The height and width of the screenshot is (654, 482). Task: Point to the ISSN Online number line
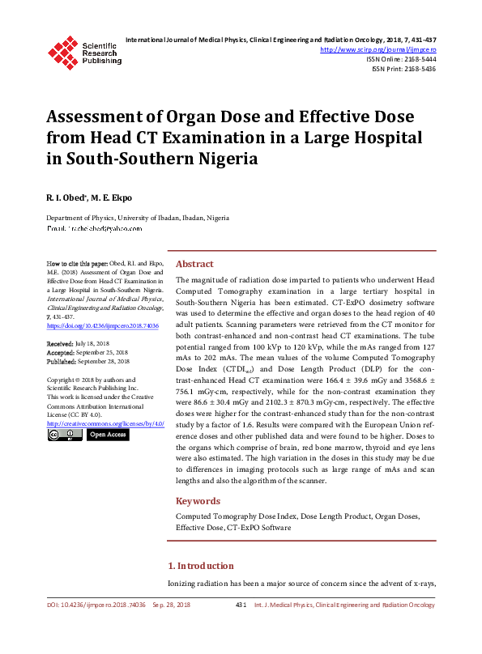click(400, 59)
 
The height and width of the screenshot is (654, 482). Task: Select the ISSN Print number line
click(403, 69)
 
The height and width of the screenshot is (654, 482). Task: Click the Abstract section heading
click(194, 265)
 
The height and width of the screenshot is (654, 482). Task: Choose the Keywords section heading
click(198, 501)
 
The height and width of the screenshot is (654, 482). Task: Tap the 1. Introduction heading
click(200, 566)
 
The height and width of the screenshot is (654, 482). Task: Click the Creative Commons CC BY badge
click(64, 435)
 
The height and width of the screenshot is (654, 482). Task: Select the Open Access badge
click(107, 435)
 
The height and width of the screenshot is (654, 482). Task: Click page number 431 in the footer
click(241, 605)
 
